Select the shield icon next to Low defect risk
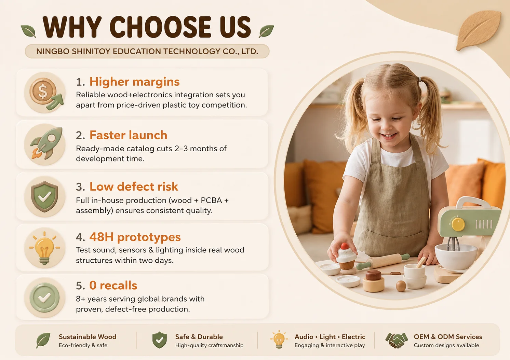pos(45,196)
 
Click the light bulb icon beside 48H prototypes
pos(45,248)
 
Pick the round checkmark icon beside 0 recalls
pos(45,297)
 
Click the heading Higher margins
pos(134,82)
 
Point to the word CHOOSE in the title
pos(161,27)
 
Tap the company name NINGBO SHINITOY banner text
pos(147,52)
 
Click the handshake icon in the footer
pos(397,340)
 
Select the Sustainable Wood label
pos(88,337)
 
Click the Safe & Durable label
pos(199,337)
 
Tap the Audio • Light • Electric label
pos(330,337)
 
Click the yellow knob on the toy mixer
pos(458,224)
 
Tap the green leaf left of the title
pos(28,31)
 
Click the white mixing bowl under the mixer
pos(456,256)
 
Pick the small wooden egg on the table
pos(401,286)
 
